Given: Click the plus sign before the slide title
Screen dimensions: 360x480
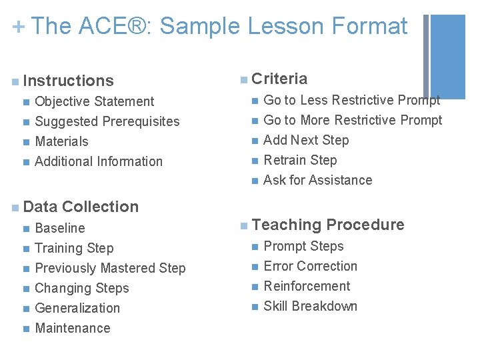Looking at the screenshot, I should click(18, 27).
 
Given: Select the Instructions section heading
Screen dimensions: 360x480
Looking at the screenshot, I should click(68, 81).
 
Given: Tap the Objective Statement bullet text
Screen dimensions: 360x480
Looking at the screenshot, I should click(94, 101).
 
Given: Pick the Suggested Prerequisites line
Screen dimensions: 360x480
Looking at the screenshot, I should click(107, 121).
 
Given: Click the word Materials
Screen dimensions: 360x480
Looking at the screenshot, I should click(61, 141).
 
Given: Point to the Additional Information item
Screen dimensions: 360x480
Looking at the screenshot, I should click(98, 161).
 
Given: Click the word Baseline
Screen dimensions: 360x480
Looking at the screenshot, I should click(60, 228).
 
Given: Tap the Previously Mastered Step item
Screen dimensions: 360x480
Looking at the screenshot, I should click(110, 268).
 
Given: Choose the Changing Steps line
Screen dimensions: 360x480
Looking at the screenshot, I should click(81, 288).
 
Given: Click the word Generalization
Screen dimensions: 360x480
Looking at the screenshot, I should click(77, 308).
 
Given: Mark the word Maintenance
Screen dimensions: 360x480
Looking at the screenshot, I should click(72, 328).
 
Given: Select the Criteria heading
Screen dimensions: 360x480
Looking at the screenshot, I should click(279, 79).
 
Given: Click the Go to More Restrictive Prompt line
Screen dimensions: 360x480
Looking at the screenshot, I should click(353, 120).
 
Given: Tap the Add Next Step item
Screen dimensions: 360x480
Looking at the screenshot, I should click(306, 140).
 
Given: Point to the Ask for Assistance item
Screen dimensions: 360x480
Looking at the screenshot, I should click(317, 180).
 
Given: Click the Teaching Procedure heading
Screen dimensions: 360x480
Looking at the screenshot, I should click(328, 225).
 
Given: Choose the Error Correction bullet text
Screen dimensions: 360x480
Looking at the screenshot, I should click(310, 266).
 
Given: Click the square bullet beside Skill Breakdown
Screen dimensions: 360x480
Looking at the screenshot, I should click(253, 307).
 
